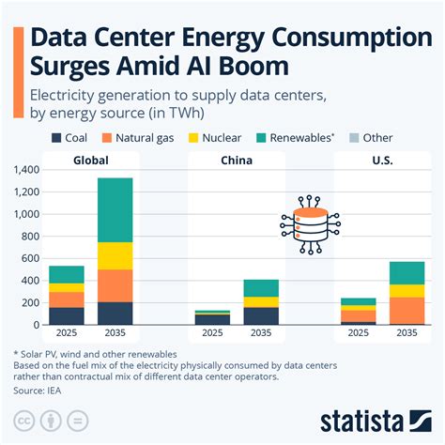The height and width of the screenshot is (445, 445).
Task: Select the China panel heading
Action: click(x=237, y=159)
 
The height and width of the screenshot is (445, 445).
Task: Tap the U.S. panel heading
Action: click(x=385, y=159)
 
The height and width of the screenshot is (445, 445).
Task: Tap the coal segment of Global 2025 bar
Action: click(x=67, y=316)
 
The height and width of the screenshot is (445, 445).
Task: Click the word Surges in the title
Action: click(x=83, y=68)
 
